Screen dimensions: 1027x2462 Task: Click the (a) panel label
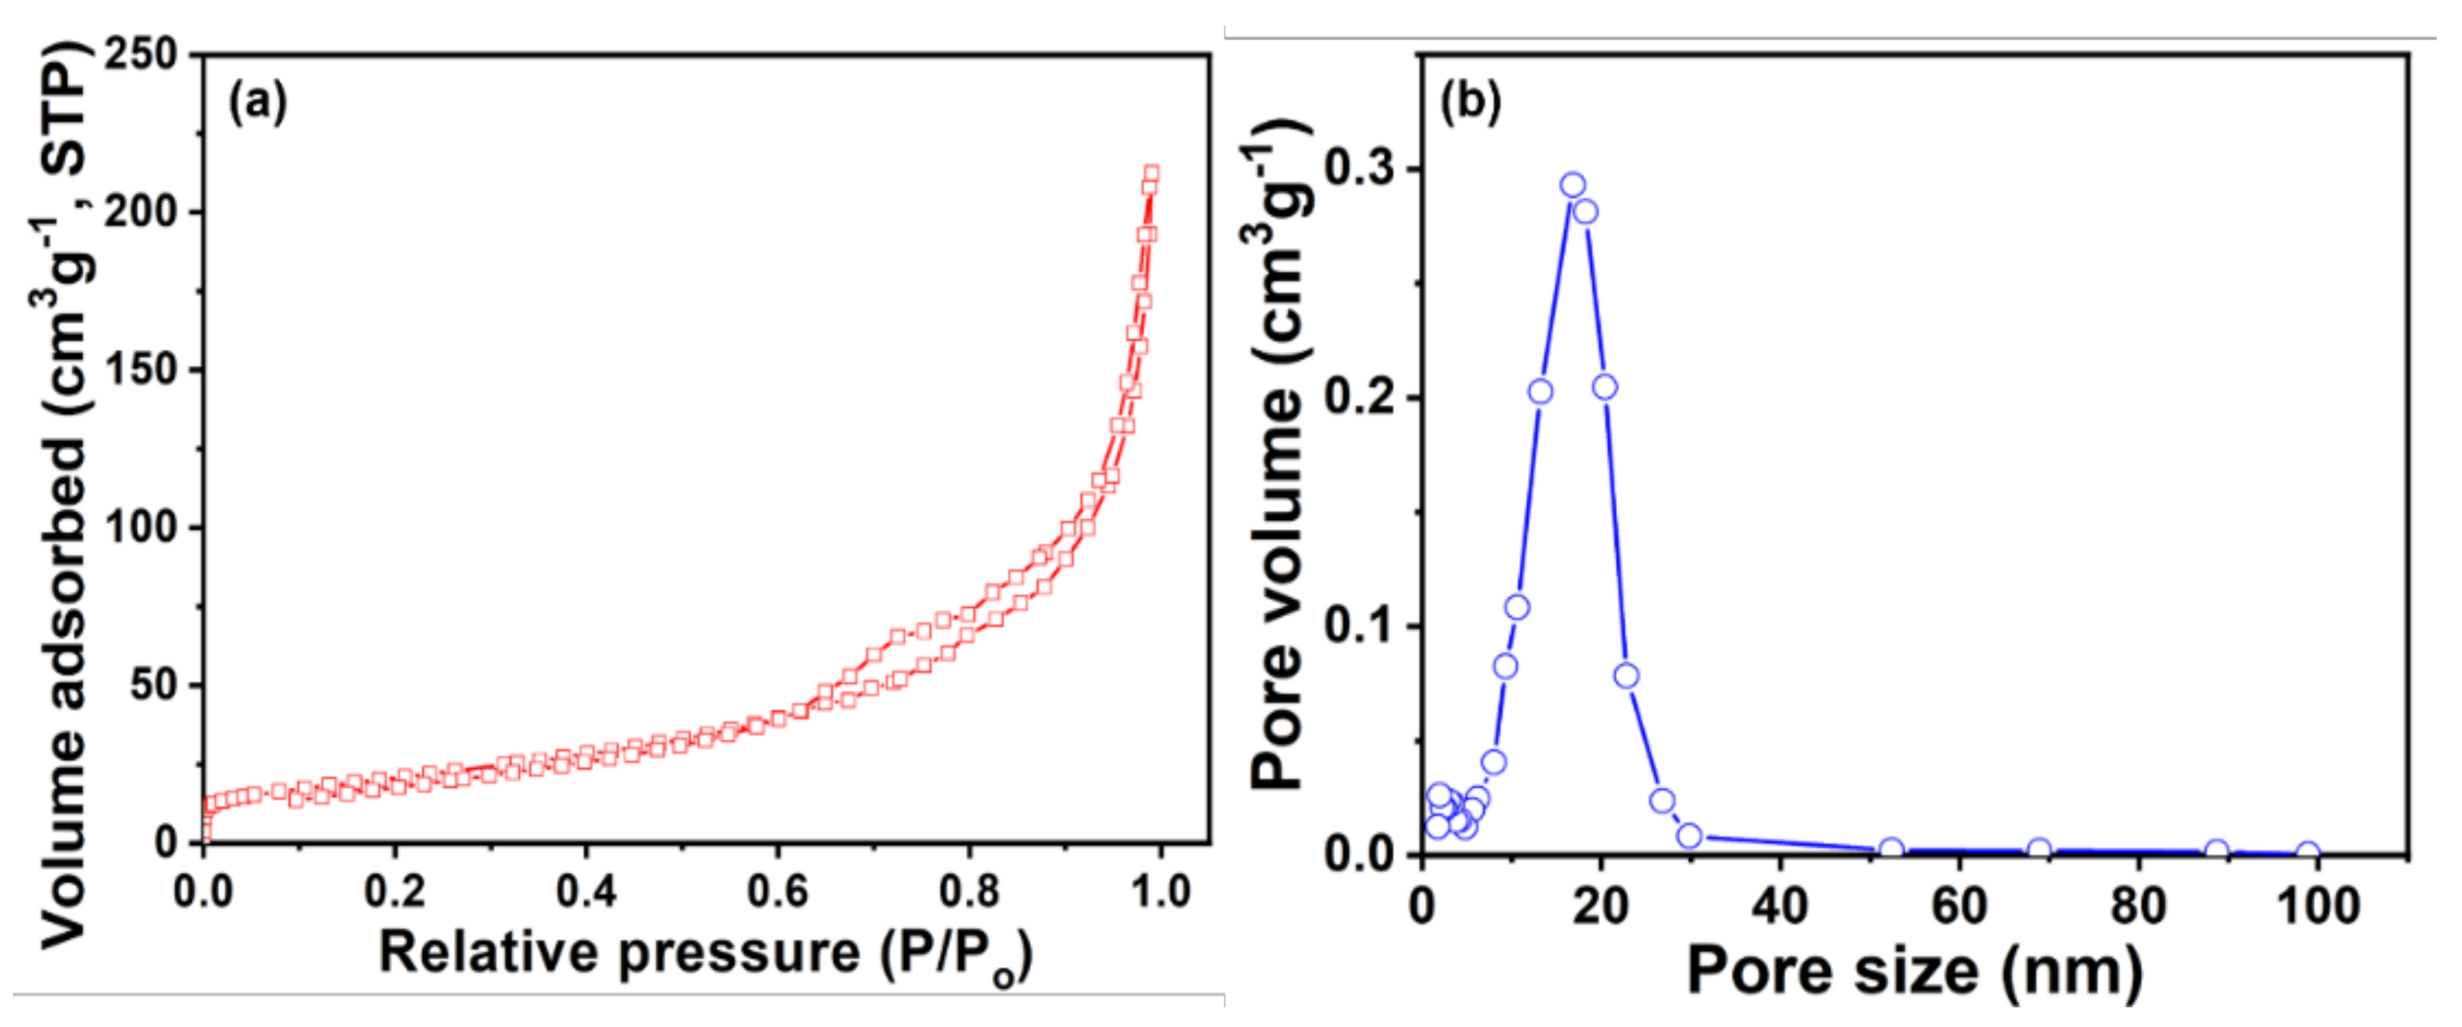pos(257,102)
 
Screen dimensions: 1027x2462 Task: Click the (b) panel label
pos(1471,102)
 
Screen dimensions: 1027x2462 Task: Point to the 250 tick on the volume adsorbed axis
pos(142,53)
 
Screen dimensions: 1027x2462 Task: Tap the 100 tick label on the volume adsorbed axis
pos(142,527)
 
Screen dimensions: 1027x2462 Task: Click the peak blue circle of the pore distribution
pos(1573,185)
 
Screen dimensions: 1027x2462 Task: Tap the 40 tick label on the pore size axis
pos(1780,905)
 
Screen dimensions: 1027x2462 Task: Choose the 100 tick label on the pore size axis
pos(2319,905)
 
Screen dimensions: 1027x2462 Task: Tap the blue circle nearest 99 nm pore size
pos(2308,852)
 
